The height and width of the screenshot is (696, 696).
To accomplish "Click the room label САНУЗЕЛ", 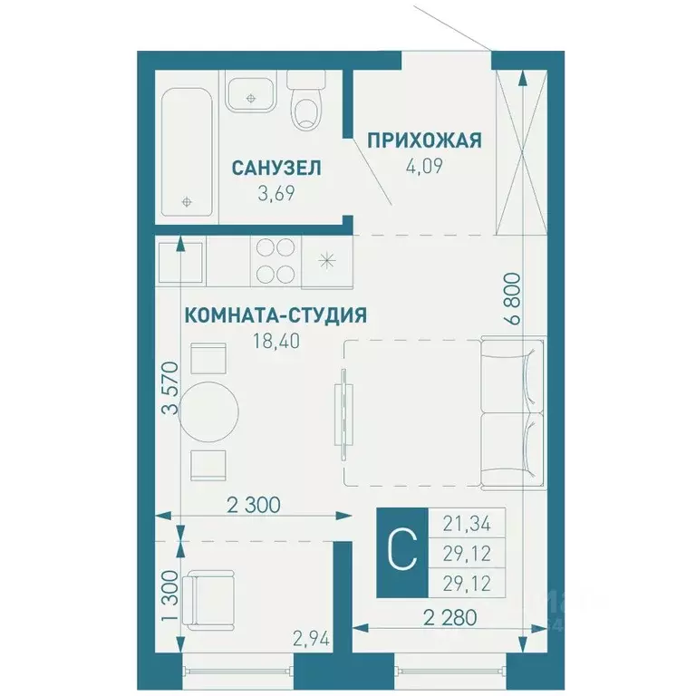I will click(277, 168).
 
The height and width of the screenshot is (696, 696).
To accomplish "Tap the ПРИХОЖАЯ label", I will click(422, 140).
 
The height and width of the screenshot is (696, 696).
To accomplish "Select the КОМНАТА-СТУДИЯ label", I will click(275, 315).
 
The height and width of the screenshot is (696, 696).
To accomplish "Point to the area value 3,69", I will click(277, 191).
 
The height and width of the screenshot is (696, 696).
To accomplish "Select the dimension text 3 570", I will click(169, 388).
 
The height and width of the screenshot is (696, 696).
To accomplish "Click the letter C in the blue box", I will click(401, 549).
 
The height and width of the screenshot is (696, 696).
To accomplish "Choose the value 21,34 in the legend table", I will click(467, 522).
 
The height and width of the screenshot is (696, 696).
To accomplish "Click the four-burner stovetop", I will click(275, 259).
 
